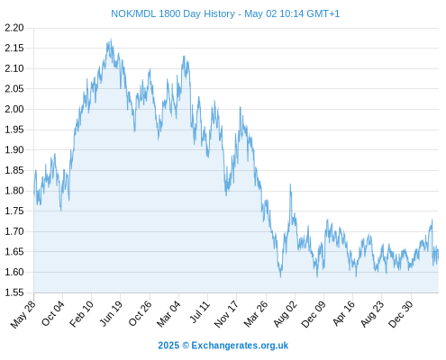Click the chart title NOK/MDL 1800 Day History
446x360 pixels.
point(173,13)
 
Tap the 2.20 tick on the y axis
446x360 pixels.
point(14,28)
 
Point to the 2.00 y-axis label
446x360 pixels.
point(14,109)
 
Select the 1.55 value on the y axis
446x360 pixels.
point(14,292)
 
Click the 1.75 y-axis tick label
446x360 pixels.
point(14,211)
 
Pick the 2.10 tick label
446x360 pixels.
point(14,68)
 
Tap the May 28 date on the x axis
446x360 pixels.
point(23,314)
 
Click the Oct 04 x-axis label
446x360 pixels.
point(53,313)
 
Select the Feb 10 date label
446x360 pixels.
point(82,314)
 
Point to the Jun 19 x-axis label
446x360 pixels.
point(111,313)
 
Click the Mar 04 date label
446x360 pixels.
point(168,314)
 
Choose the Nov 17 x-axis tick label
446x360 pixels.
point(226,314)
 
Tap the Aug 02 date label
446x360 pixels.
point(286,314)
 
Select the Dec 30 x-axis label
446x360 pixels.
point(401,314)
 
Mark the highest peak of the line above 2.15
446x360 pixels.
point(111,39)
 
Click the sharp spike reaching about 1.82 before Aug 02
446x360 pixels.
point(290,184)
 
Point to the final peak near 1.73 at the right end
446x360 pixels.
point(432,220)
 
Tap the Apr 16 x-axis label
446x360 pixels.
point(344,313)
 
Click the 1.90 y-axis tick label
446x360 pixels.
point(14,149)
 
